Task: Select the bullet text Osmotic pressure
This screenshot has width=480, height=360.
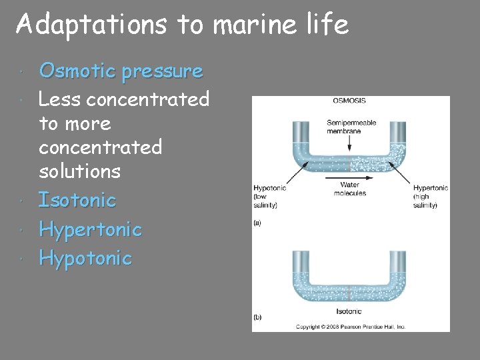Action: pyautogui.click(x=121, y=71)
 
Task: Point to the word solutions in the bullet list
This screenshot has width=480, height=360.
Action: pyautogui.click(x=79, y=171)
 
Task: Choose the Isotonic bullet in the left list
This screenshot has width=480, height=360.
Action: pyautogui.click(x=77, y=200)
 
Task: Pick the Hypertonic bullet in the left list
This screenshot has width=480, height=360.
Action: pyautogui.click(x=90, y=229)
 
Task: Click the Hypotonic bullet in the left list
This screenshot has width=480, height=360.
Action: pyautogui.click(x=85, y=258)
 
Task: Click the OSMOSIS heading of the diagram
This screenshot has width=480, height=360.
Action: pyautogui.click(x=349, y=101)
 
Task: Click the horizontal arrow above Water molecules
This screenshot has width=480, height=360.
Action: pyautogui.click(x=349, y=178)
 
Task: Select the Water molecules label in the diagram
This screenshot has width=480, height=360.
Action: pyautogui.click(x=349, y=189)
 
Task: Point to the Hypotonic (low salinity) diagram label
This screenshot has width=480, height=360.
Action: pyautogui.click(x=269, y=197)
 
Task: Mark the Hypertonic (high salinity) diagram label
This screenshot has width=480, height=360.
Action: pyautogui.click(x=430, y=197)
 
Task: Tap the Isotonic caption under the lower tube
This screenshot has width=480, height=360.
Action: pyautogui.click(x=349, y=311)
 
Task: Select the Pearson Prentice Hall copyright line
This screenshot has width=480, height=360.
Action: pyautogui.click(x=350, y=327)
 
